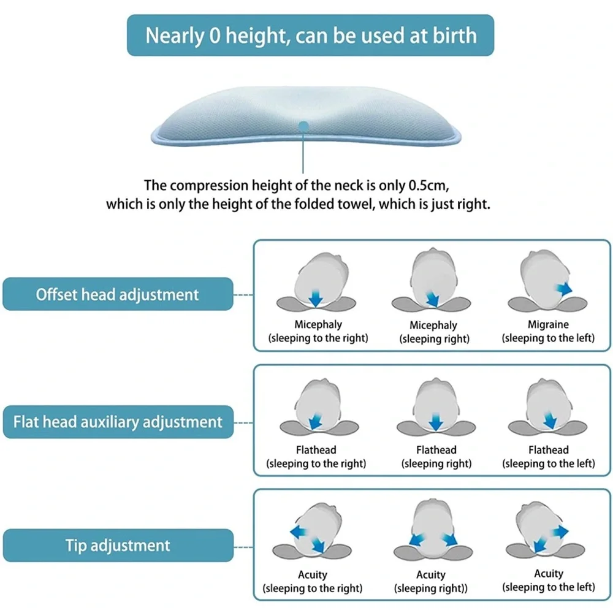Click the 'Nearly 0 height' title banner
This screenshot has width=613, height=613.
[310, 35]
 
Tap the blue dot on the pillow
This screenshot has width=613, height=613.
[303, 126]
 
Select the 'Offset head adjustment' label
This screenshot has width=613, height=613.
[118, 294]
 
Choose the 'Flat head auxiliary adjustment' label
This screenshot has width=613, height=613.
[118, 422]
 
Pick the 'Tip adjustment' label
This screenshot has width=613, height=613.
[118, 546]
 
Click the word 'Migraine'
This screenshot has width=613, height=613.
[548, 324]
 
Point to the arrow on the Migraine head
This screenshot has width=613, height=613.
[564, 289]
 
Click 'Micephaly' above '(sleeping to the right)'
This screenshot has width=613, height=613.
[318, 324]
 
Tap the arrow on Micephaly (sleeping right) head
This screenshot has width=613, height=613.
[432, 299]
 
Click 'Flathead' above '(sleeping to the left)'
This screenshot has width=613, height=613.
[549, 450]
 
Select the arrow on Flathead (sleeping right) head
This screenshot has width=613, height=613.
[435, 422]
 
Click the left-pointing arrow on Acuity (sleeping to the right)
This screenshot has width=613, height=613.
[299, 532]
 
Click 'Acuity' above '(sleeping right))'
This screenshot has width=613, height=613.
[431, 575]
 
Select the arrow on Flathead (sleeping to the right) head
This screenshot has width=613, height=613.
[316, 421]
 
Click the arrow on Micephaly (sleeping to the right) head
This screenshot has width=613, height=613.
[316, 298]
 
